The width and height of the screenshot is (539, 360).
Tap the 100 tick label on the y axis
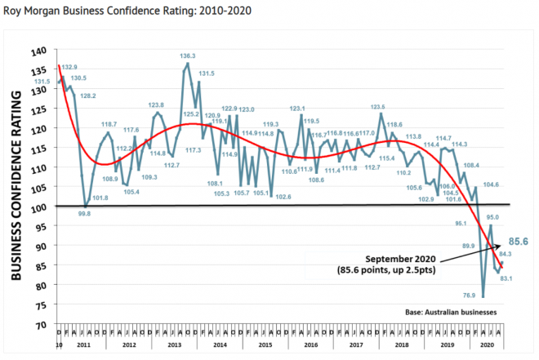38,207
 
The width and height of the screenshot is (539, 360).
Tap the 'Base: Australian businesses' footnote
453,312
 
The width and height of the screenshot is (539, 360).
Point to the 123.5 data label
378,107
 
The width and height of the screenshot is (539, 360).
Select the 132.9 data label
69,66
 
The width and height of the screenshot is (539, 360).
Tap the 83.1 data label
505,279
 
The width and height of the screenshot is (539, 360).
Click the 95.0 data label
492,217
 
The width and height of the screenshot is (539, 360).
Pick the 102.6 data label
284,197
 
